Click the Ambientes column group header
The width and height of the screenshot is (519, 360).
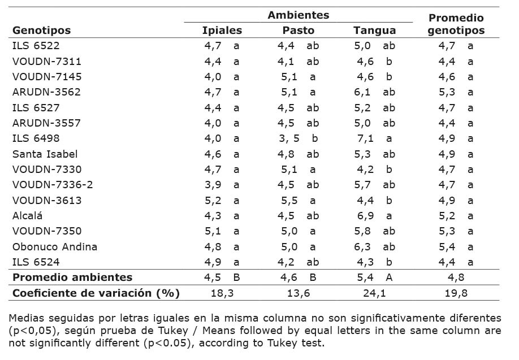[x=298, y=15]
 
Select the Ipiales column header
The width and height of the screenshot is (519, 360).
[x=222, y=31]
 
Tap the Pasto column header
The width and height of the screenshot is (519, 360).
[x=298, y=31]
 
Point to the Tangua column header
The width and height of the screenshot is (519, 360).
[x=374, y=31]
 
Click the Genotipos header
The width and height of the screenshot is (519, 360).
[x=42, y=31]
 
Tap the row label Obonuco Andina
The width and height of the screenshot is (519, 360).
[x=55, y=246]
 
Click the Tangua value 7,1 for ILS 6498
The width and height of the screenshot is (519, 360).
[x=362, y=138]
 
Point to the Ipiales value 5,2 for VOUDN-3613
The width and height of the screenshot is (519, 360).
[x=213, y=200]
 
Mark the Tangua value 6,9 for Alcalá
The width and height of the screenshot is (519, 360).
[x=362, y=215]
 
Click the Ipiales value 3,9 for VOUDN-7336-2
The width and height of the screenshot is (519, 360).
[x=213, y=185]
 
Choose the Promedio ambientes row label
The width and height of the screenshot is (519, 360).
[x=72, y=277]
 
